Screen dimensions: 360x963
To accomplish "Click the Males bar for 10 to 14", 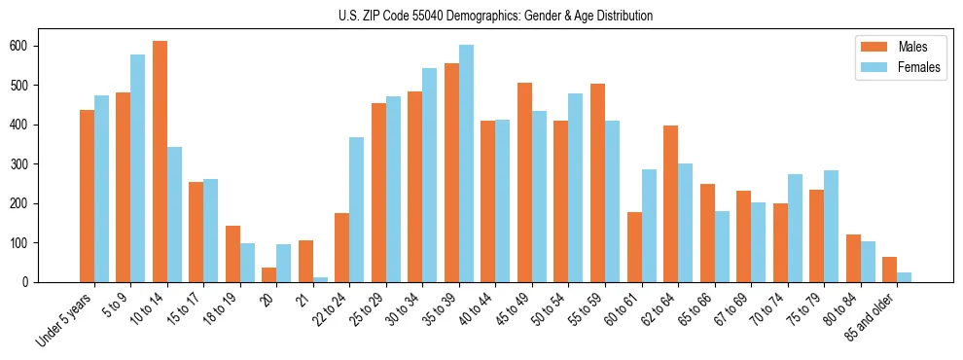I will pyautogui.click(x=160, y=162).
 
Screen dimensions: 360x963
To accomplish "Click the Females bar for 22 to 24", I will pyautogui.click(x=357, y=209).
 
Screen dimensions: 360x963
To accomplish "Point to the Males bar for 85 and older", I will pyautogui.click(x=889, y=270).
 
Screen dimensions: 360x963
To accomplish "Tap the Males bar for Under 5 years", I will pyautogui.click(x=87, y=196).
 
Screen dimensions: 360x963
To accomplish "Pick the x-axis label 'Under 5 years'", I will pyautogui.click(x=66, y=318).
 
